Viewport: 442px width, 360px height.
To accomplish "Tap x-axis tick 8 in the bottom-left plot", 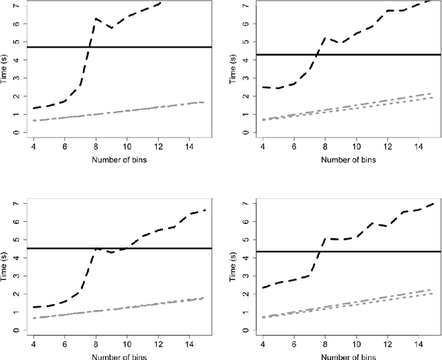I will click(95, 343).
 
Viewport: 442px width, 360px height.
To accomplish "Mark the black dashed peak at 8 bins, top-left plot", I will click(96, 19).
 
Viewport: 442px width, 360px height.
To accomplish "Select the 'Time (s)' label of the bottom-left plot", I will click(6, 267).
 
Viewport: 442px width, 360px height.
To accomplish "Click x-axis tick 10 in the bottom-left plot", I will click(126, 343).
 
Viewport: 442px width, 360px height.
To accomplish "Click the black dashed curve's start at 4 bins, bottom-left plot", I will click(33, 307).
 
